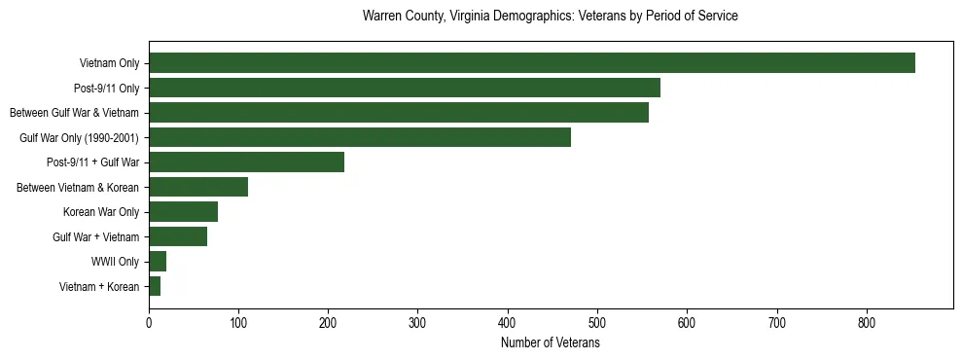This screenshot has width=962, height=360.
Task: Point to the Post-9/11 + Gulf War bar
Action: pos(246,162)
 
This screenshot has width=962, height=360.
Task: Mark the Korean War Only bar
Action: pos(183,212)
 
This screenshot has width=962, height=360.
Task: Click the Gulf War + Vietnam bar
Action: pos(177,236)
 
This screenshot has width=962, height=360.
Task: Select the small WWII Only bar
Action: pos(157,261)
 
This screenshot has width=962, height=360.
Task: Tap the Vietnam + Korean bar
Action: pos(154,286)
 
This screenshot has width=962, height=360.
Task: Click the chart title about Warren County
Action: pos(550,17)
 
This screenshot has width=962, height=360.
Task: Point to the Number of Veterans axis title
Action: pos(550,343)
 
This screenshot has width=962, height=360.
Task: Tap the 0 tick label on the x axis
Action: pos(149,323)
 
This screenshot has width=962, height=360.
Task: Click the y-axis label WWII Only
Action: pos(115,262)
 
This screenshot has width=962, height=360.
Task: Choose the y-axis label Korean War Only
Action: pos(101,212)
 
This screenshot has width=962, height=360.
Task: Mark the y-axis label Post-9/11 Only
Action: pos(107,89)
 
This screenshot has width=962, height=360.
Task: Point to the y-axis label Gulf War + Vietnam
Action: pos(96,237)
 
